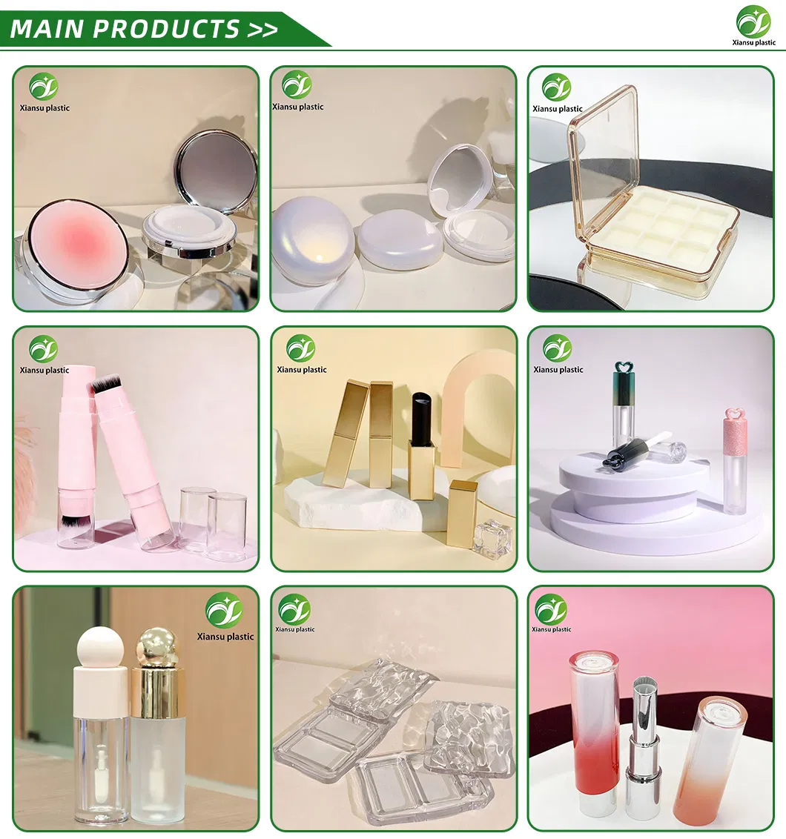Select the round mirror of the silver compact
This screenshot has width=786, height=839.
click(x=216, y=172)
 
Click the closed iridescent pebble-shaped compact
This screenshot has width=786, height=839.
click(x=311, y=242)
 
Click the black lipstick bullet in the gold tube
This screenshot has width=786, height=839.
click(x=421, y=419)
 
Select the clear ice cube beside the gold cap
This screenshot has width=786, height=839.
click(x=492, y=539)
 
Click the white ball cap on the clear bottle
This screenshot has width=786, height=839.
click(x=99, y=651)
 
